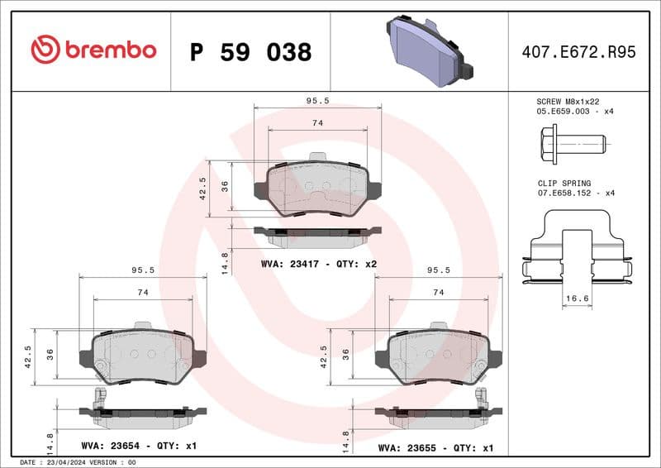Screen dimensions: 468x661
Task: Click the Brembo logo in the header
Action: pos(93,50)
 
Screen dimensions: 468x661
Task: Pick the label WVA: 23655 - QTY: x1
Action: pos(435,447)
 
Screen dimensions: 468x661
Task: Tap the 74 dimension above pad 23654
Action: pos(142,293)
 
